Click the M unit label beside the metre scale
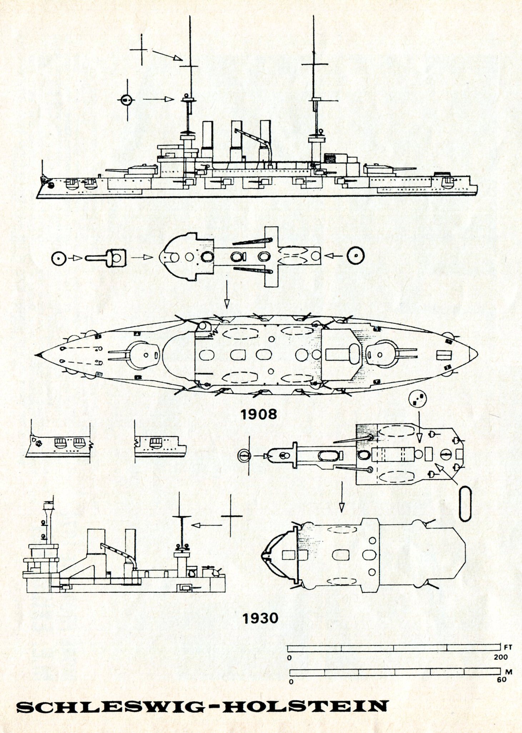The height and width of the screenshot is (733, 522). coord(509,672)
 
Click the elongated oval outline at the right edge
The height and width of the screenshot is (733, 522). coord(465,504)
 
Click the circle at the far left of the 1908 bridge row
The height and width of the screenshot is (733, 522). coord(59,258)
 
